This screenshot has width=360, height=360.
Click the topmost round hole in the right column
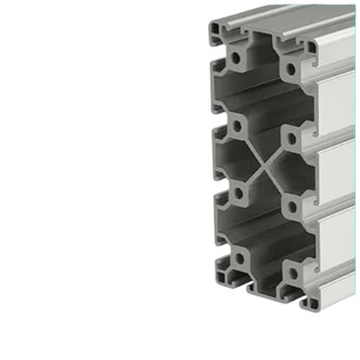point(291,70)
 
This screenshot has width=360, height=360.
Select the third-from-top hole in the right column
point(292,207)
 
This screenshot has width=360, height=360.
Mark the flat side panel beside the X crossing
point(337,172)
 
